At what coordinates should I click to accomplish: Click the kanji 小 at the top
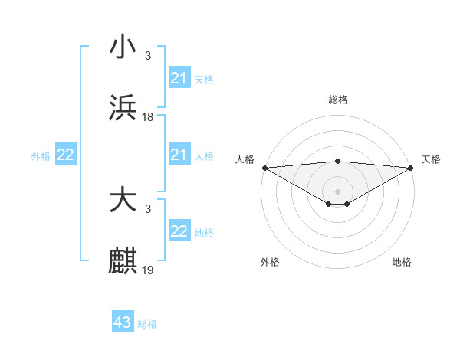click(123, 47)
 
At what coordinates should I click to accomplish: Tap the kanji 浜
click(123, 107)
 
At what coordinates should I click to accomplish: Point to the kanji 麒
click(123, 260)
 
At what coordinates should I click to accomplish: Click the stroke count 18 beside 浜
click(149, 116)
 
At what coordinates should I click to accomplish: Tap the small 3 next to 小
click(148, 56)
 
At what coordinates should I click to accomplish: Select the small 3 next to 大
click(148, 208)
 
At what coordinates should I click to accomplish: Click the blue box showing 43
click(123, 322)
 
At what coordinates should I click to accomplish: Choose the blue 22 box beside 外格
click(66, 155)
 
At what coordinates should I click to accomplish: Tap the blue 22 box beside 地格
click(179, 231)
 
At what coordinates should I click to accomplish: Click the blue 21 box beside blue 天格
click(179, 78)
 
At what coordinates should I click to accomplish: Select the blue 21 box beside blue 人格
click(179, 155)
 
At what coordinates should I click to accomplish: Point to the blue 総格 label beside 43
click(148, 324)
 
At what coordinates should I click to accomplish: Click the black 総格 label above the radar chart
click(338, 100)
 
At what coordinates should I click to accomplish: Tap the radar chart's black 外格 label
click(270, 262)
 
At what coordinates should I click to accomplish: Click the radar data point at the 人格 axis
click(264, 168)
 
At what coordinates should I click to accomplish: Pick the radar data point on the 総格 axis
click(338, 161)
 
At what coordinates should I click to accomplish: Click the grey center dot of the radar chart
click(338, 191)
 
